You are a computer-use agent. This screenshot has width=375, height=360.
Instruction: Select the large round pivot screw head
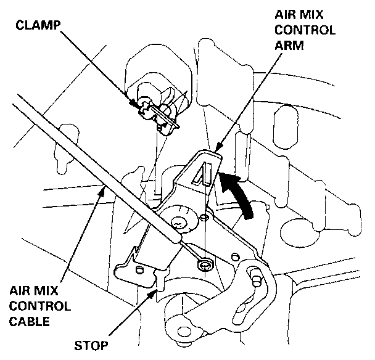tap(179, 221)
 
